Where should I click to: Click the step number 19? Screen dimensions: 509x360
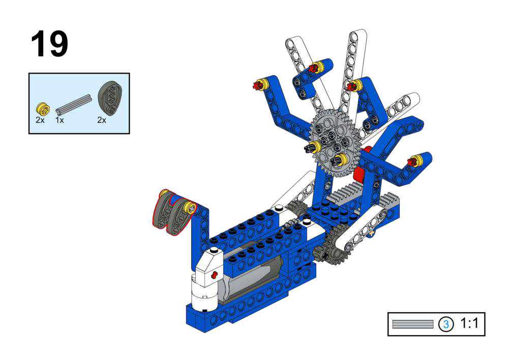(49, 44)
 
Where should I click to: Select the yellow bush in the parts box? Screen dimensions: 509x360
(43, 109)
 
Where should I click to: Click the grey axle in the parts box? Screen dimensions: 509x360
(74, 105)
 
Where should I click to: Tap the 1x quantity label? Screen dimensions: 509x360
(59, 120)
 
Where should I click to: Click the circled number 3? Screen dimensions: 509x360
(446, 324)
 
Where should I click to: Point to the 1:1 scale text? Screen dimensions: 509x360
(469, 323)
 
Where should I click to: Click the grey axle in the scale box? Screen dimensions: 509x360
(413, 324)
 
